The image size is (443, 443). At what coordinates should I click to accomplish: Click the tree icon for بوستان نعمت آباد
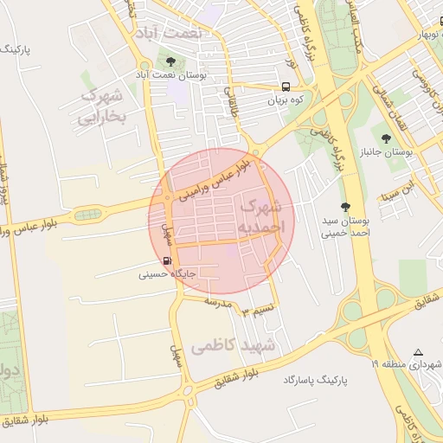[x=170, y=62]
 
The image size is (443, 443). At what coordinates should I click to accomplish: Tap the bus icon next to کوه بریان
[x=285, y=87]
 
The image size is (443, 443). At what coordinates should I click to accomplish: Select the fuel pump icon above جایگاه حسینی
[x=166, y=260]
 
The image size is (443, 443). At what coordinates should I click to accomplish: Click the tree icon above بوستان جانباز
[x=386, y=138]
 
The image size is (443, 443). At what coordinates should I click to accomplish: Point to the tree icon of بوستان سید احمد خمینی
[x=345, y=207]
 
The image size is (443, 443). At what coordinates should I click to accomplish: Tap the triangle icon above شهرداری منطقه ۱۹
[x=419, y=352]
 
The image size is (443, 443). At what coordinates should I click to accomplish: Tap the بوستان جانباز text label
[x=386, y=151]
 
